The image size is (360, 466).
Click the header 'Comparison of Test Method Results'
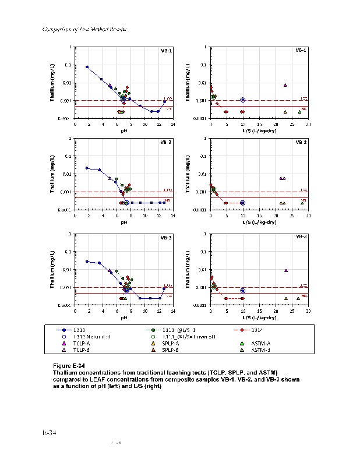point(85,29)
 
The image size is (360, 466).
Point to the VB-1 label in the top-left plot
point(166,51)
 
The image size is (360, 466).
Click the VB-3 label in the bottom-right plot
point(302,237)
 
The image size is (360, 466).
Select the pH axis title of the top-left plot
point(124,130)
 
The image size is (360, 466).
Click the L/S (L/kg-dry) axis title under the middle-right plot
point(259,222)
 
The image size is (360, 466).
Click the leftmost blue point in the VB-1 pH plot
point(87,67)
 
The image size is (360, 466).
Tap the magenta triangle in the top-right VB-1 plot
point(285,85)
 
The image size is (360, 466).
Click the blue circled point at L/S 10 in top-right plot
point(243,100)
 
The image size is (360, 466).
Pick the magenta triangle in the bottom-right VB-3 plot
point(286,270)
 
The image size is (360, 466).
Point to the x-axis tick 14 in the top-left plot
point(172,124)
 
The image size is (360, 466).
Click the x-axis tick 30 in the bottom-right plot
point(308,311)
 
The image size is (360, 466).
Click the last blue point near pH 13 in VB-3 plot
point(165,288)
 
